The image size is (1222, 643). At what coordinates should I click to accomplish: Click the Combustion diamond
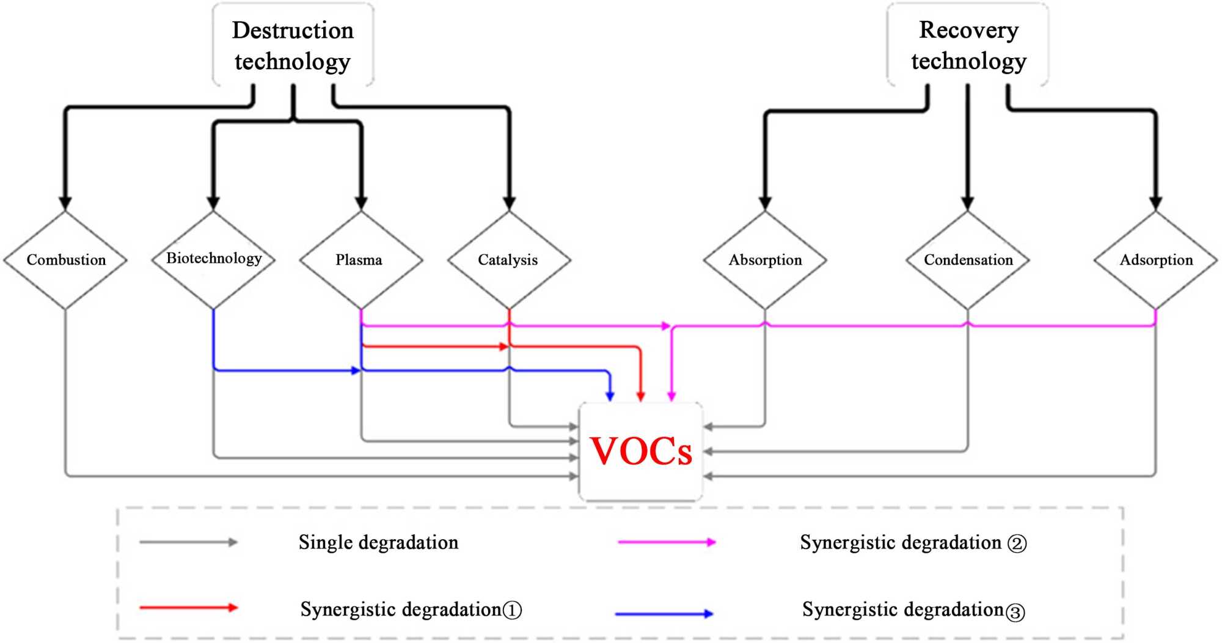click(65, 260)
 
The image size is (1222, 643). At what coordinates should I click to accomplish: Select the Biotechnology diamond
click(213, 259)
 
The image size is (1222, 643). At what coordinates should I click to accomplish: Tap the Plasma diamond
click(361, 260)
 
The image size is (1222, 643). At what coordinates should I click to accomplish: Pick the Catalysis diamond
click(509, 260)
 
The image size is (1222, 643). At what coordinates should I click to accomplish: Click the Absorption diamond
click(765, 260)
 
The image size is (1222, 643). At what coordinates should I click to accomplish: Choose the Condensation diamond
click(968, 260)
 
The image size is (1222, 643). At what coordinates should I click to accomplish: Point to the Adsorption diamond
click(1155, 260)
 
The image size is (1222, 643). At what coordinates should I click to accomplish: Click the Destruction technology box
click(293, 45)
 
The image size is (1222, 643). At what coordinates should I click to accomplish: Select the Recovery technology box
click(968, 45)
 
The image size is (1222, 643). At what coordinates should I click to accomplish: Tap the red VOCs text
click(641, 452)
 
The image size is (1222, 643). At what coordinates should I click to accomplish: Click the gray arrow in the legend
click(188, 542)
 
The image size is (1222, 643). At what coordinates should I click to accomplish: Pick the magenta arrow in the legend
click(667, 542)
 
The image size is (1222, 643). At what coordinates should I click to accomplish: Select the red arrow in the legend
click(188, 608)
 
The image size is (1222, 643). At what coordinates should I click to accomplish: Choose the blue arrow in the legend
click(664, 614)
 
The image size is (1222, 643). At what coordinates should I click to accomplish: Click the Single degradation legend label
click(378, 543)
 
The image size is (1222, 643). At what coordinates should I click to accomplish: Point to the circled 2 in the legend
click(1017, 543)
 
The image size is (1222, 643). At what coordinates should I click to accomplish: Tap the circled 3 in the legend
click(1015, 612)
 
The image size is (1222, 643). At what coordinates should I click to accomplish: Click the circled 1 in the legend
click(512, 610)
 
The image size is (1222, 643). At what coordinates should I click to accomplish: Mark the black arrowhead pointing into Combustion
click(65, 203)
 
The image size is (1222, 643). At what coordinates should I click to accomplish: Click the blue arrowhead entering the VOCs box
click(610, 396)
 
